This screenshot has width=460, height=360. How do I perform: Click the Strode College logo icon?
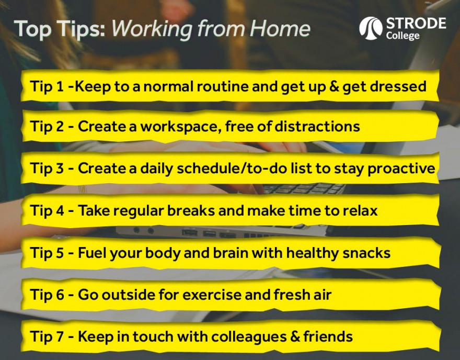(x=371, y=28)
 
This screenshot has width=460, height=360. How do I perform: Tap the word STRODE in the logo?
(x=416, y=24)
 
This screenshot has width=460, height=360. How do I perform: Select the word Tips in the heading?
(x=83, y=29)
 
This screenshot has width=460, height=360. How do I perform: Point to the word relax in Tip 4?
(x=358, y=210)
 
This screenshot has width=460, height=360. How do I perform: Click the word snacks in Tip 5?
(x=365, y=253)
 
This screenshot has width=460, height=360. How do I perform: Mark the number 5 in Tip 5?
(x=60, y=253)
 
